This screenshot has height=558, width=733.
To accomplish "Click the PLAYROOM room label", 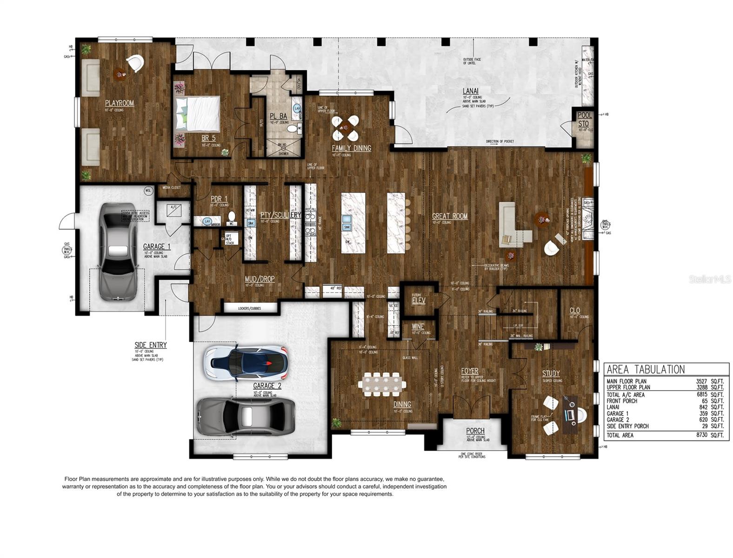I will click(x=119, y=103).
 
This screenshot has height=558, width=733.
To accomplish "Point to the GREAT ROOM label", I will click(x=449, y=216).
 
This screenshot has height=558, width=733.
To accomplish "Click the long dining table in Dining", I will click(x=382, y=385).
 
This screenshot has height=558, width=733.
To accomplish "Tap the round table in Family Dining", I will click(x=345, y=128).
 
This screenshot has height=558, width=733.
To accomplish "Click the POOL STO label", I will click(x=585, y=120).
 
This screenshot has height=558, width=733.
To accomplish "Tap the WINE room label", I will click(x=418, y=327).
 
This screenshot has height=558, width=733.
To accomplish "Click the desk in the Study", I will click(x=569, y=414).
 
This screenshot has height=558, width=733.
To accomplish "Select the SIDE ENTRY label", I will click(x=150, y=345).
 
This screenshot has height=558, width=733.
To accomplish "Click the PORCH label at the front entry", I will click(x=475, y=431).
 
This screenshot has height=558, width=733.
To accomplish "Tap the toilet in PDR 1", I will click(x=231, y=218).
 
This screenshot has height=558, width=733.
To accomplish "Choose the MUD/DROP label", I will click(x=260, y=279).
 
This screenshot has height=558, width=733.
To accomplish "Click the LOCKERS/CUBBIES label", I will click(x=249, y=308).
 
